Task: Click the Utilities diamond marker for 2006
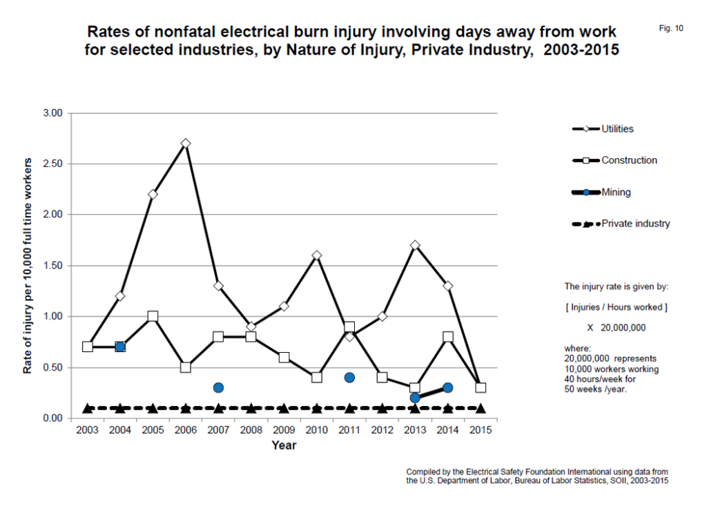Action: click(x=186, y=144)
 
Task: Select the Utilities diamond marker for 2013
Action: click(x=415, y=245)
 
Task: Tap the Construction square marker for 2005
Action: click(x=153, y=316)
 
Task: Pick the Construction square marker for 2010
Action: click(x=317, y=378)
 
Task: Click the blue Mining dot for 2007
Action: click(x=218, y=387)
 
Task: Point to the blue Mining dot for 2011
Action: click(x=349, y=378)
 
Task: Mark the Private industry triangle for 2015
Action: click(x=481, y=408)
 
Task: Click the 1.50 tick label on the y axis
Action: click(x=53, y=266)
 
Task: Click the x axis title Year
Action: click(x=284, y=446)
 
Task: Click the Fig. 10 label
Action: click(x=671, y=28)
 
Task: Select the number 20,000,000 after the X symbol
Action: click(x=623, y=328)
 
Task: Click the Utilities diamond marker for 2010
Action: click(x=317, y=255)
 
